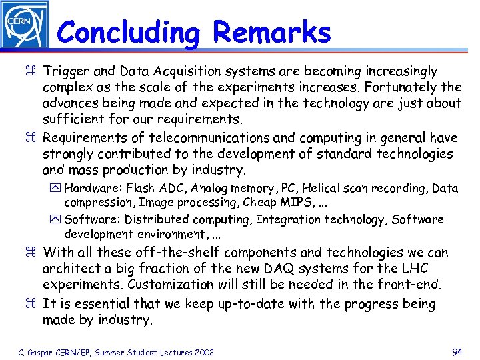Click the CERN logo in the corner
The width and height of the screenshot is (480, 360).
click(25, 24)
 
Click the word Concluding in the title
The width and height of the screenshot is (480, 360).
click(127, 32)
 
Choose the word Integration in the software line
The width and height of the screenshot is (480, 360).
click(288, 219)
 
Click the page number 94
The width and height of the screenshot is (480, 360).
click(457, 351)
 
